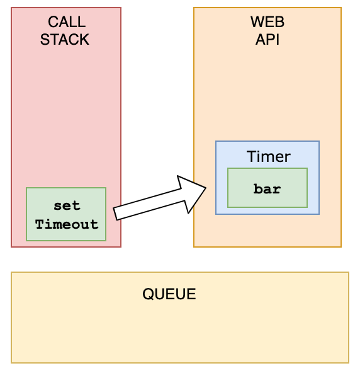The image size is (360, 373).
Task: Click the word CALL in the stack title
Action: (x=67, y=22)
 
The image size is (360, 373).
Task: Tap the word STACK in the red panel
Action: (x=65, y=40)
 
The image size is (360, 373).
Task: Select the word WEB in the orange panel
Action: (x=267, y=22)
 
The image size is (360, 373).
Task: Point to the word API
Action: (x=267, y=40)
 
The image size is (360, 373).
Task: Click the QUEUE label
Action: (x=169, y=294)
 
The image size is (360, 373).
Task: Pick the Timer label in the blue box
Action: (x=269, y=156)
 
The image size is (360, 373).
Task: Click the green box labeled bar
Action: (x=267, y=188)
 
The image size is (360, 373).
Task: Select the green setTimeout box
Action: (x=66, y=214)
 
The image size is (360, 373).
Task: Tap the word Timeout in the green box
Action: (x=67, y=224)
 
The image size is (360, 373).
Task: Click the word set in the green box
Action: (x=67, y=206)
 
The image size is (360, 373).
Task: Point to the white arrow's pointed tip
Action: (x=206, y=188)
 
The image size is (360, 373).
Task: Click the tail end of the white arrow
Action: (x=115, y=214)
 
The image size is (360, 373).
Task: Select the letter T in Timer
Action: (x=251, y=156)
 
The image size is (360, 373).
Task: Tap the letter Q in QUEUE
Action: (x=148, y=294)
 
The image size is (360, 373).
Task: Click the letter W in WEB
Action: (x=257, y=22)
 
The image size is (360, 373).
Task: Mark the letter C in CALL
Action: (x=53, y=22)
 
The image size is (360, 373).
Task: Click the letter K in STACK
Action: (x=85, y=40)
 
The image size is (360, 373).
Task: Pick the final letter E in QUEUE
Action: (x=191, y=294)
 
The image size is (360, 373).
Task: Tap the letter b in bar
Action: (x=258, y=189)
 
